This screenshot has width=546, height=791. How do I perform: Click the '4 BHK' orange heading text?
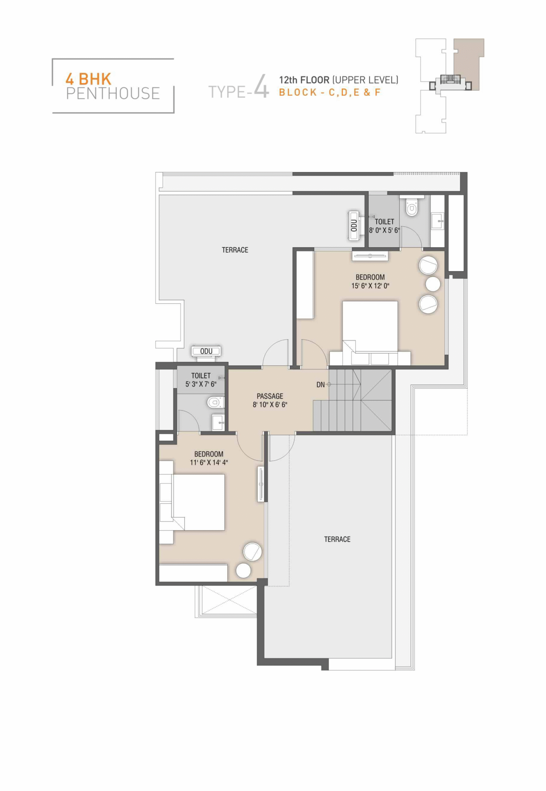pos(88,79)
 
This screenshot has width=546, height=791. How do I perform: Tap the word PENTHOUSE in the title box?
pos(113,93)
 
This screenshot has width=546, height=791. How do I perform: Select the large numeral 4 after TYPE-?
pos(262,87)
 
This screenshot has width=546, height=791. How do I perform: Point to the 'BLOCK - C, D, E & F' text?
pos(330,92)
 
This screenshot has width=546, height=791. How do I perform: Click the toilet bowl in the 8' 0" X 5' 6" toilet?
pos(412,207)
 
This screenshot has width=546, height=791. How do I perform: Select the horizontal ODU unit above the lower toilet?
pos(206,351)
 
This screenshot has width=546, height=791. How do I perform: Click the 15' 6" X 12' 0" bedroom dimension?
pos(370,286)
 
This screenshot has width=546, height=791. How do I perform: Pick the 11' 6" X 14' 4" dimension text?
pos(209,463)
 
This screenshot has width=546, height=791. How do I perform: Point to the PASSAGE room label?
pos(270,396)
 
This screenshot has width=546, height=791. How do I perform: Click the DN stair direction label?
pos(320,385)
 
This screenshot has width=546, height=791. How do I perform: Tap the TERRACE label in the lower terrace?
pos(337,539)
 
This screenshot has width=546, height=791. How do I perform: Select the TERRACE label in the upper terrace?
pos(235,250)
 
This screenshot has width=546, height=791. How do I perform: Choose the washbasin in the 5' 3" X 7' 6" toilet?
pos(218,422)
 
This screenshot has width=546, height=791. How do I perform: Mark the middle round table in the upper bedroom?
pos(433,284)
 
